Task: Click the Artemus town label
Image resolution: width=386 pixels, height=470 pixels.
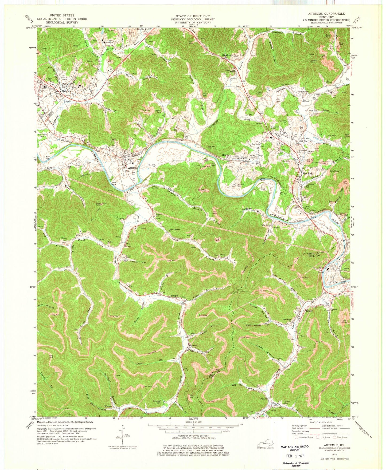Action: (133, 168)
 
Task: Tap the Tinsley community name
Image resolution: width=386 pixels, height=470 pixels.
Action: (309, 311)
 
